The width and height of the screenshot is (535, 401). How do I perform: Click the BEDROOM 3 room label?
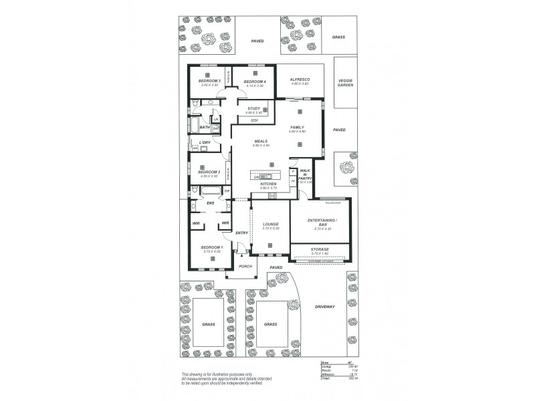[x=209, y=81]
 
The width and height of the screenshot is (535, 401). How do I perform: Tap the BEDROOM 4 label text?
[x=254, y=81]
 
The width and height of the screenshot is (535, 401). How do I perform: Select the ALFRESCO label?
[x=298, y=80]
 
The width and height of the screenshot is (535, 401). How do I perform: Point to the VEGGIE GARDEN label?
[x=344, y=84]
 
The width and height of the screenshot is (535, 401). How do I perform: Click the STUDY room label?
[x=253, y=108]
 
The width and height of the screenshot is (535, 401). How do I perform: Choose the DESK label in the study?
[x=254, y=120]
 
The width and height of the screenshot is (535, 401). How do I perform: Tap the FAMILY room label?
[x=298, y=126]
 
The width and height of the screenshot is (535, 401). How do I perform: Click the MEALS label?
[x=261, y=142]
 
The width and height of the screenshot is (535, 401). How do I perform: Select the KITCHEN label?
[x=268, y=184]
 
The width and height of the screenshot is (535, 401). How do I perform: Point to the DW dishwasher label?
[x=256, y=177]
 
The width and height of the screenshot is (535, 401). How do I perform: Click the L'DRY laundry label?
[x=205, y=142]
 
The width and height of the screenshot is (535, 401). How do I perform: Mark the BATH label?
[x=205, y=127]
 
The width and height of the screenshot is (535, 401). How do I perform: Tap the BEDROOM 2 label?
[x=209, y=172]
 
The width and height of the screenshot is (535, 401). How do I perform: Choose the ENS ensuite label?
[x=210, y=203]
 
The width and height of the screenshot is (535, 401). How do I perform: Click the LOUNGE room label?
[x=270, y=224]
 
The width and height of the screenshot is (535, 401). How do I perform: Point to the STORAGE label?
[x=320, y=249]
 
